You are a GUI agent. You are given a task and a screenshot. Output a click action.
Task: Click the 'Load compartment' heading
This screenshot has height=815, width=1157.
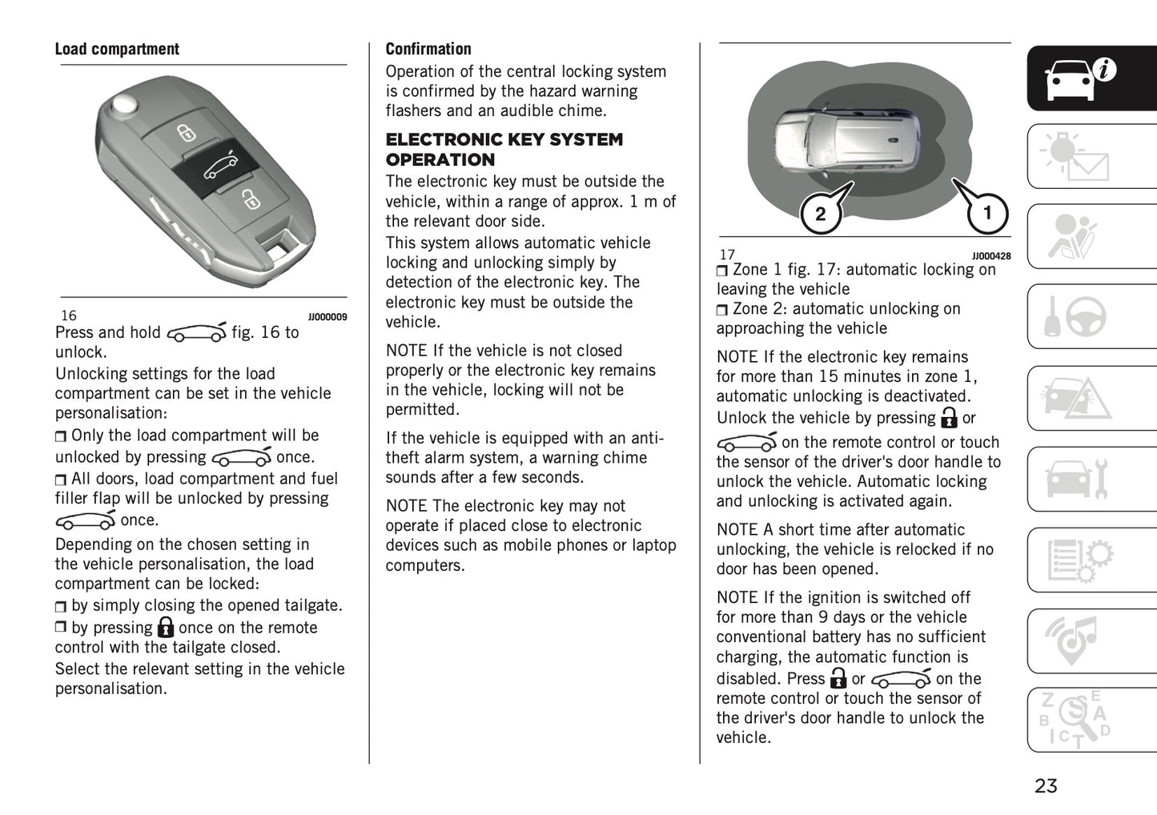pos(117,50)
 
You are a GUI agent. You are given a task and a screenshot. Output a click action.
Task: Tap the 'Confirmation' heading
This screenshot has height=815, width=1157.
pos(428,50)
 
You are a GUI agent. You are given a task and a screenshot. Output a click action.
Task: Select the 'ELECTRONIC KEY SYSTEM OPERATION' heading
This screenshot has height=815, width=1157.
pos(504,150)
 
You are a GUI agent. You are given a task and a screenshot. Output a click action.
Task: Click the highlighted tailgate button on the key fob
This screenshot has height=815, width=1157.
pos(219,167)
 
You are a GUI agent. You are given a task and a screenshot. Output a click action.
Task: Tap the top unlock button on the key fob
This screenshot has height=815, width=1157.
pos(186,131)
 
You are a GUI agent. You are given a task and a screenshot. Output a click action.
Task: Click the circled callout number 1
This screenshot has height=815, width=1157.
pos(987,213)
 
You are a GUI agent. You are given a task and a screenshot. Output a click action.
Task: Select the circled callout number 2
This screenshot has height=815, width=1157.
pos(820,215)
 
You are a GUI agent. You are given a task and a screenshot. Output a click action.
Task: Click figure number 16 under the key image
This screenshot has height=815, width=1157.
pos(69,315)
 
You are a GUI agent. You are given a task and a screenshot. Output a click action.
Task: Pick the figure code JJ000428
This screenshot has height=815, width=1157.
pos(991,256)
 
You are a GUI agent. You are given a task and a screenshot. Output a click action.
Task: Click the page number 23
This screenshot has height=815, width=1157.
pos(1046,786)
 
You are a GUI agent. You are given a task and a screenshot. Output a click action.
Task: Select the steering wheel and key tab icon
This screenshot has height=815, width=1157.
pos(1076,317)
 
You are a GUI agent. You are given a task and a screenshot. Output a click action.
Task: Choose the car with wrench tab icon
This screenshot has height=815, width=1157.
pos(1076,479)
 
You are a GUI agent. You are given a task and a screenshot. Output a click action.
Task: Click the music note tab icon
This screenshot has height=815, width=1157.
pos(1076,640)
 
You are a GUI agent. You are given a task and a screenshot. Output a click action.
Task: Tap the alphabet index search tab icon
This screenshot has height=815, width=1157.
pos(1076,721)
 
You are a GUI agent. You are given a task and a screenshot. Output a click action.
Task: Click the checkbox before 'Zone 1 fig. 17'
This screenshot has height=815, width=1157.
pos(722,271)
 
